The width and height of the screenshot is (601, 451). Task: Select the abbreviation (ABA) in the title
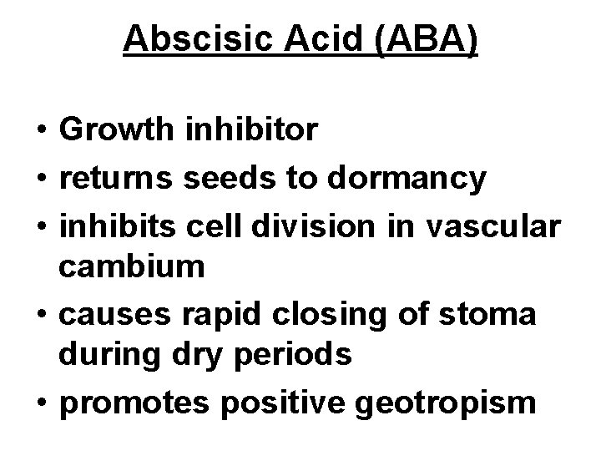tap(426, 39)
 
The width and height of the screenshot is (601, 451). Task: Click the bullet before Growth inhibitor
tap(40, 130)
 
